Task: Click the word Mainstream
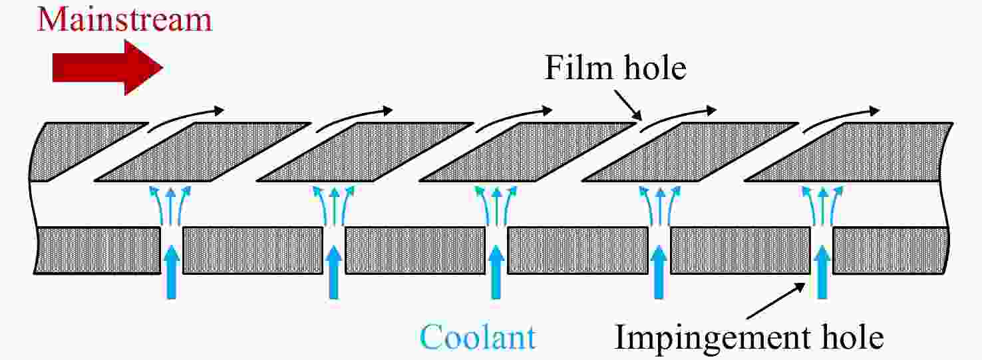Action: click(124, 20)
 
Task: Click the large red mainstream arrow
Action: click(108, 67)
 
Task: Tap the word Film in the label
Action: click(578, 68)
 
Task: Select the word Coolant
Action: click(478, 337)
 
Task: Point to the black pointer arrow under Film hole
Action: click(628, 105)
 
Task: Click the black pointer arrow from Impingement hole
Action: click(776, 301)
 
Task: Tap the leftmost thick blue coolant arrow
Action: click(172, 272)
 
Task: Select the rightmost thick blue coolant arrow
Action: click(822, 272)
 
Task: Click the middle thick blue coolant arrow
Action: click(496, 272)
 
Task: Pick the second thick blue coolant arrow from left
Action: click(334, 272)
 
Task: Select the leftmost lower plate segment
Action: click(97, 250)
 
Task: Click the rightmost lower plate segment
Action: click(891, 250)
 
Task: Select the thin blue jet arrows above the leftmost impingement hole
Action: click(171, 205)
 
